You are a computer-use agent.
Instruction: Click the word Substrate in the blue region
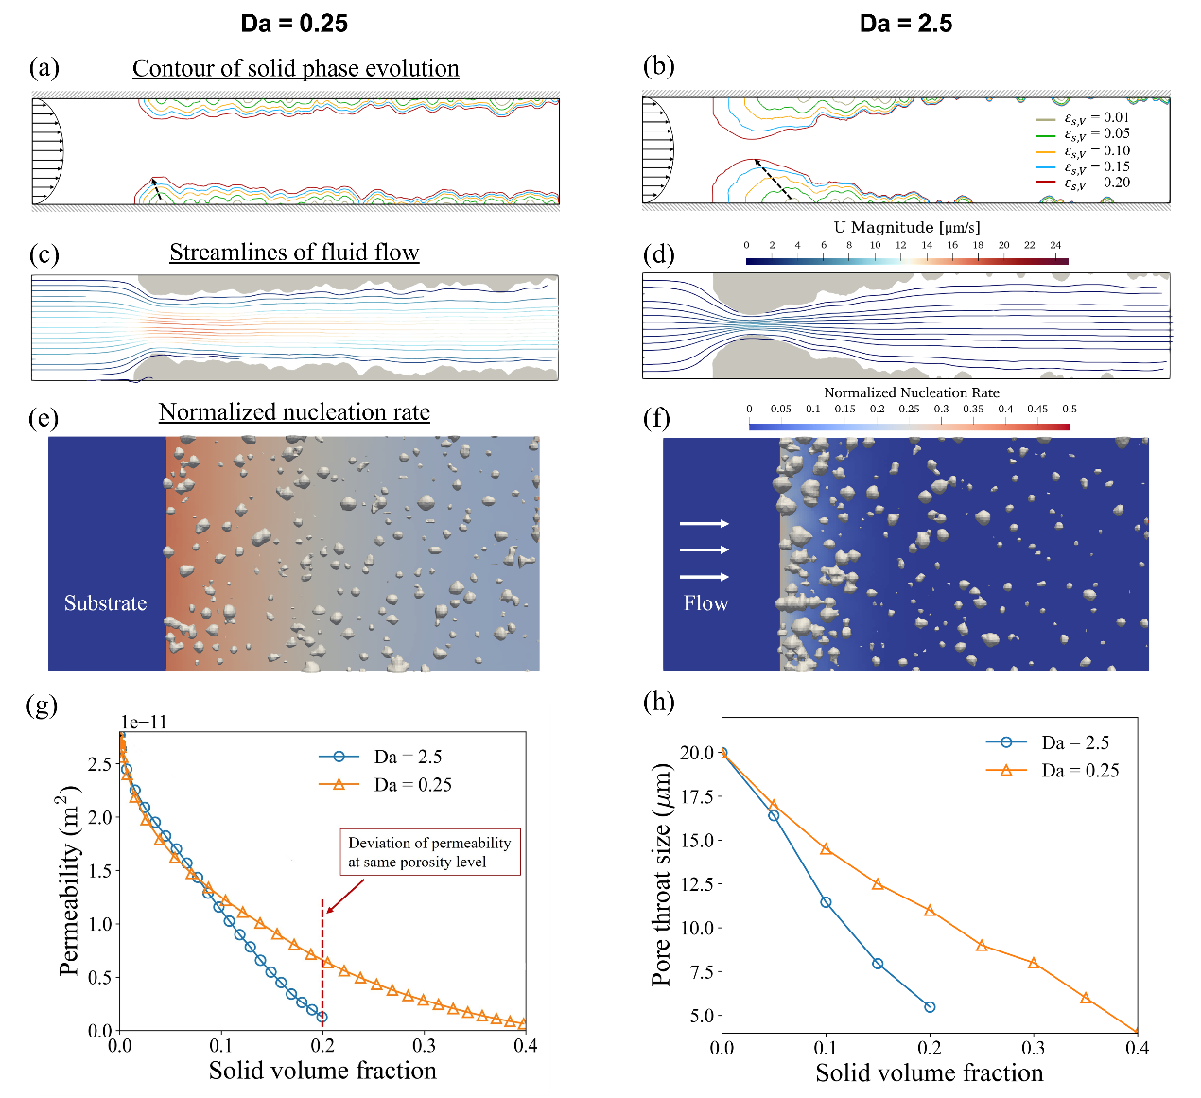pyautogui.click(x=105, y=603)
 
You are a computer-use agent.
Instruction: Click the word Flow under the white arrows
pyautogui.click(x=705, y=603)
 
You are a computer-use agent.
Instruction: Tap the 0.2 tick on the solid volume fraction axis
pyautogui.click(x=322, y=1046)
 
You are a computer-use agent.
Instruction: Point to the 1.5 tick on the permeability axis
pyautogui.click(x=100, y=871)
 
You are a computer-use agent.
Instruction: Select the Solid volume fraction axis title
pyautogui.click(x=322, y=1071)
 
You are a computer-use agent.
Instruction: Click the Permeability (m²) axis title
pyautogui.click(x=68, y=880)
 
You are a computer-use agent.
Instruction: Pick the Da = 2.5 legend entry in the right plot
pyautogui.click(x=1049, y=742)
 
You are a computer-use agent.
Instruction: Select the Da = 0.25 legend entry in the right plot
pyautogui.click(x=1053, y=770)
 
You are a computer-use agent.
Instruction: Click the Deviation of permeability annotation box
pyautogui.click(x=430, y=852)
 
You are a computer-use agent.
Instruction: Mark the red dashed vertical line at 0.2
pyautogui.click(x=322, y=955)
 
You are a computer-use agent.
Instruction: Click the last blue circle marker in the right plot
pyautogui.click(x=930, y=1007)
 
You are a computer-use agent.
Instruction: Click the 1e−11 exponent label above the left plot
pyautogui.click(x=144, y=723)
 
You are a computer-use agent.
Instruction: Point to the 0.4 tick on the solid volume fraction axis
pyautogui.click(x=525, y=1046)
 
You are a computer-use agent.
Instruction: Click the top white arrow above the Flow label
pyautogui.click(x=705, y=523)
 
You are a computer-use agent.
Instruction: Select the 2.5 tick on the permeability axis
pyautogui.click(x=100, y=764)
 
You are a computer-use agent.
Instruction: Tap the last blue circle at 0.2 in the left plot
pyautogui.click(x=322, y=1017)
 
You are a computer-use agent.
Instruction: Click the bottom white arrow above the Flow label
pyautogui.click(x=705, y=576)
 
